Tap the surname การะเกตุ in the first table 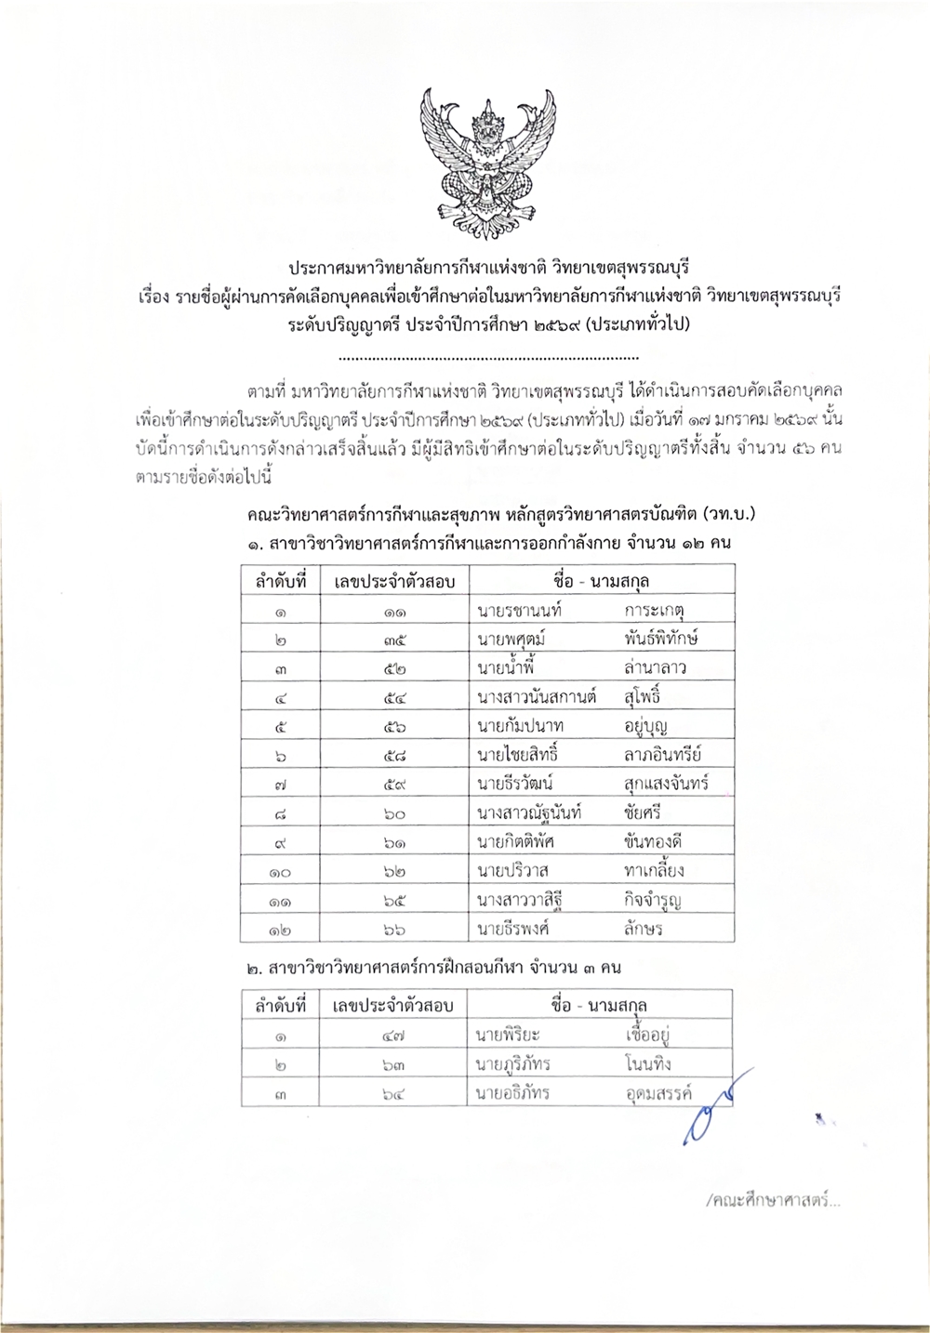click(x=661, y=610)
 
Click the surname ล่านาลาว click(x=657, y=667)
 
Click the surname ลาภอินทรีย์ click(x=664, y=754)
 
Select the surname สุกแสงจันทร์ click(x=668, y=783)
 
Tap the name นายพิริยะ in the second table click(x=508, y=1034)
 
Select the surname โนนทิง click(x=649, y=1062)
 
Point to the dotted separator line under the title click(x=487, y=357)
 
